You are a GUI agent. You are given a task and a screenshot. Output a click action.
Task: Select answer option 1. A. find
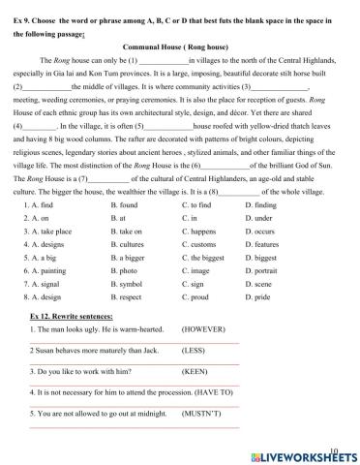pos(38,205)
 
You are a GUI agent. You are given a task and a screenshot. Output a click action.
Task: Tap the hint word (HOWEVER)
pos(203,329)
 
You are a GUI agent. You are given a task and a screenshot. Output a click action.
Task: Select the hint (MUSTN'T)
pos(202,413)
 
